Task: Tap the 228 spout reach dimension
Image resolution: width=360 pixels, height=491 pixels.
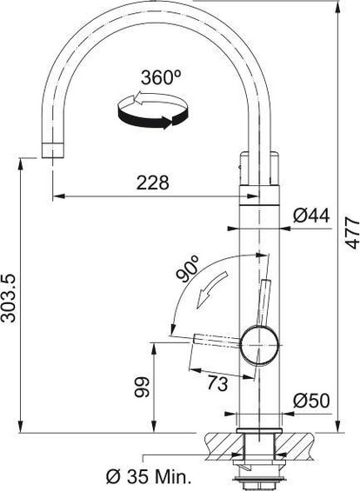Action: pyautogui.click(x=153, y=182)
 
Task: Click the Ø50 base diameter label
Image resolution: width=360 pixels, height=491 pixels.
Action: pyautogui.click(x=310, y=401)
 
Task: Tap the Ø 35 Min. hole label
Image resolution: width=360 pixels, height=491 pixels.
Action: pyautogui.click(x=148, y=476)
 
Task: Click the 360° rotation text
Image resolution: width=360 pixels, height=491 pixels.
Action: pyautogui.click(x=158, y=76)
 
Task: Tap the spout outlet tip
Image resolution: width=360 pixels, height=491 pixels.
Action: pyautogui.click(x=53, y=149)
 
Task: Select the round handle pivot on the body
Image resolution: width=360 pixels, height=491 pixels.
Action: pyautogui.click(x=259, y=341)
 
